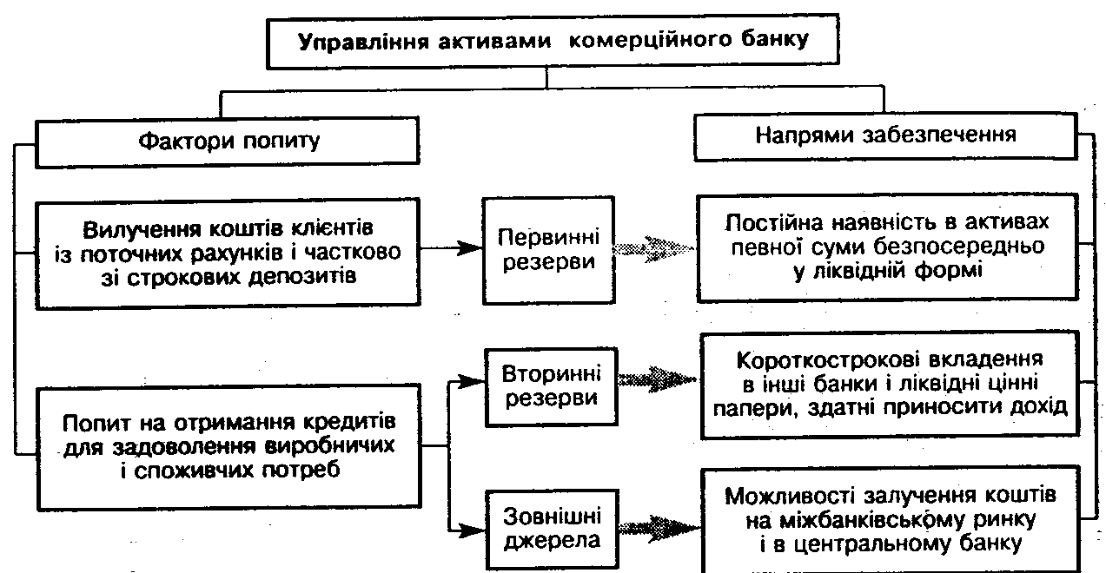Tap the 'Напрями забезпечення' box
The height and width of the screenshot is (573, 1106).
(x=885, y=137)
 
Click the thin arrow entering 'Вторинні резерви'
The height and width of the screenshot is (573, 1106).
(x=465, y=379)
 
